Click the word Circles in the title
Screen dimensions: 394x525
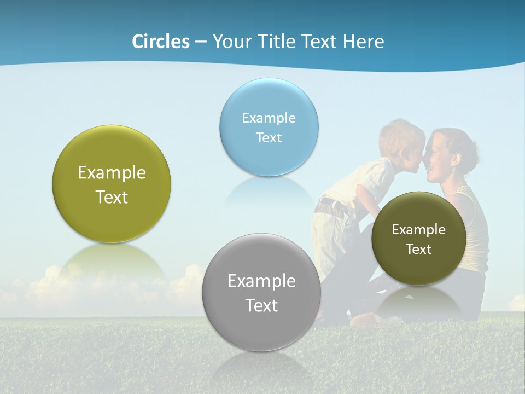(161, 42)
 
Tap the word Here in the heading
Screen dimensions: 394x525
(363, 42)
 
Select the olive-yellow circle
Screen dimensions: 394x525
(112, 184)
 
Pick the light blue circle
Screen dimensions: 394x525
(269, 127)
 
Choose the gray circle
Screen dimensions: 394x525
(261, 292)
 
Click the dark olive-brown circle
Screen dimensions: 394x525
(419, 239)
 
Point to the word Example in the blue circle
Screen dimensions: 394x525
(269, 118)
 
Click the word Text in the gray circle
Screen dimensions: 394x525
(261, 305)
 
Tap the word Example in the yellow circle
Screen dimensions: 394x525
(112, 173)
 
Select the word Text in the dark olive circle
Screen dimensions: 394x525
(419, 250)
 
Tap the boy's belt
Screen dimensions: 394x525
(331, 207)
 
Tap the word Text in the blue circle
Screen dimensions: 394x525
(269, 137)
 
